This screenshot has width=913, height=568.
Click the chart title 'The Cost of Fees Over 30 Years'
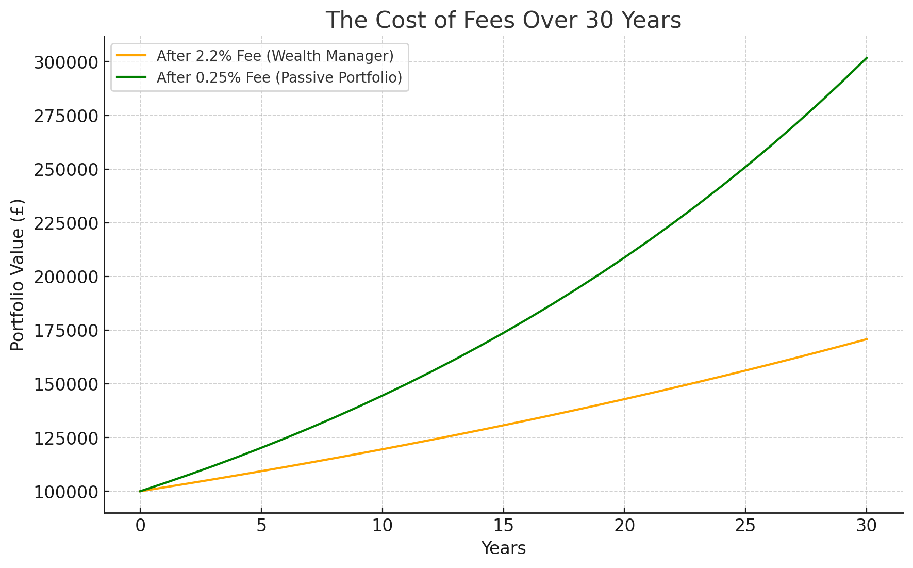coord(503,21)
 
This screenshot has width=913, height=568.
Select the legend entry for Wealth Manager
coord(275,56)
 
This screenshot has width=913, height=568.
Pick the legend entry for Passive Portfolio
coord(279,77)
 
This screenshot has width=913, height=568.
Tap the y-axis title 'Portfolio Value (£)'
coord(18,274)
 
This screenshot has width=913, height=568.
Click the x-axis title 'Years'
coord(503,548)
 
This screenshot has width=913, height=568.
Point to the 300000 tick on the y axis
coord(65,62)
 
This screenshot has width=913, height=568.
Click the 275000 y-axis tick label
coord(65,116)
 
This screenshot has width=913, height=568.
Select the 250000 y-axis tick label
coord(65,170)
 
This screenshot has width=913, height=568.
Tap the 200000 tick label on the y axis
coord(65,277)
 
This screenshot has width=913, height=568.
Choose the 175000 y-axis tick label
coord(65,331)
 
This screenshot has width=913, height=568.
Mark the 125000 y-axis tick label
coord(65,438)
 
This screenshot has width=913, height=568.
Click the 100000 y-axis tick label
coord(65,492)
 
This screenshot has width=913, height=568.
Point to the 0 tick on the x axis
coord(140,526)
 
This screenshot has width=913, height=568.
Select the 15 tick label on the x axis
coord(503,526)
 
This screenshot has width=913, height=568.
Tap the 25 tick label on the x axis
coord(745,526)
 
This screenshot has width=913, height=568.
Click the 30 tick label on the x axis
coord(866,526)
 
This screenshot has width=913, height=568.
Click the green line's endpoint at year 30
coord(867,58)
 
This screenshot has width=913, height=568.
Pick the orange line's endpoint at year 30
coord(867,339)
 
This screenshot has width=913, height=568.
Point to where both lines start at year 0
coord(140,491)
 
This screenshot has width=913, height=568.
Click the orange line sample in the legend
coord(131,56)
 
